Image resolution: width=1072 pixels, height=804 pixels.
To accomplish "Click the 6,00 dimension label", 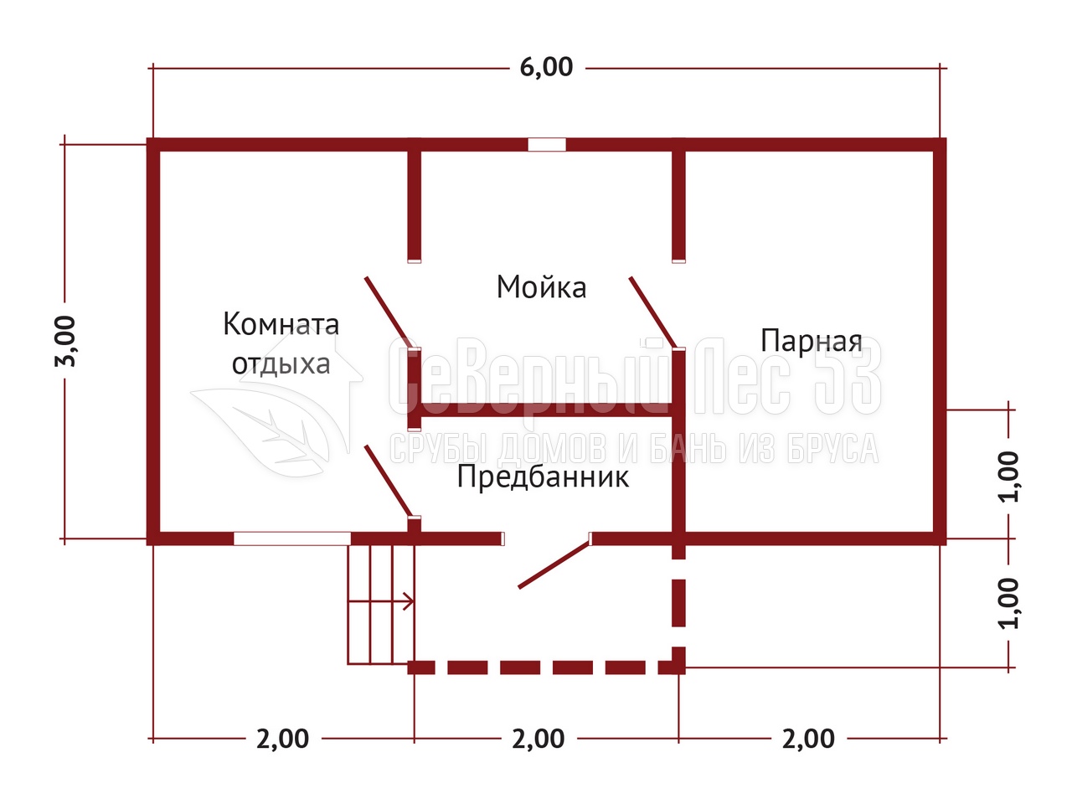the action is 546,67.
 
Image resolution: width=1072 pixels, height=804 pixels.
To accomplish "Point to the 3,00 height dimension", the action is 65,341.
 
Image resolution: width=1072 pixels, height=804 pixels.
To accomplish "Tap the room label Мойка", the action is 541,287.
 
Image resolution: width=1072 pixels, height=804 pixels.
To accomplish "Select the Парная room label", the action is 812,341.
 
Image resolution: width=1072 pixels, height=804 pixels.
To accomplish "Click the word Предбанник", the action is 543,477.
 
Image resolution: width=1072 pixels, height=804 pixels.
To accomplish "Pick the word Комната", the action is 281,323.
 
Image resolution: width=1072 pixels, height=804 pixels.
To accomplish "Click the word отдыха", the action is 281,364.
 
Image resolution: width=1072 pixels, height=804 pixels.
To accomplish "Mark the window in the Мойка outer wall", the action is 547,145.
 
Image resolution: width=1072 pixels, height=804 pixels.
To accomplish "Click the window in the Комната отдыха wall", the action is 292,539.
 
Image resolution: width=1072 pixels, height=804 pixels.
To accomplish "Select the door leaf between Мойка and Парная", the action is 652,312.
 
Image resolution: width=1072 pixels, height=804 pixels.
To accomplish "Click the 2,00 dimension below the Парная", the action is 808,739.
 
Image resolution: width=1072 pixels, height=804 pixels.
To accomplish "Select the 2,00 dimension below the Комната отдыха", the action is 282,739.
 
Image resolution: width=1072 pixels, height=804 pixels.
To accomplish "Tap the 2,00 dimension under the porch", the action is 538,739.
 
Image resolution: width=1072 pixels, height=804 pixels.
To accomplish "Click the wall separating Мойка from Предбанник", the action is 546,410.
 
